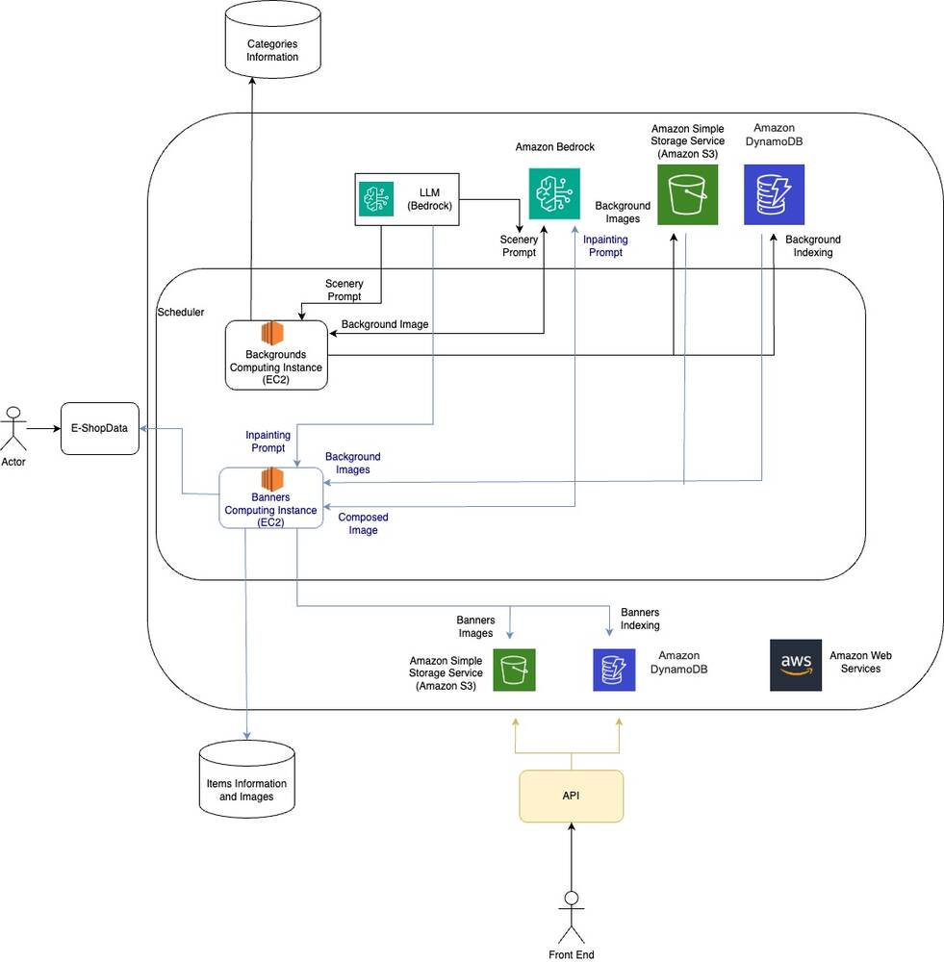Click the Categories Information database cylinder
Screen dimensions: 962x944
(273, 41)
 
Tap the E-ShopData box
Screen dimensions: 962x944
(100, 428)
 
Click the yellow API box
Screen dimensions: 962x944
(572, 797)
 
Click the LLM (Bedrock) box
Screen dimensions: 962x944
(409, 199)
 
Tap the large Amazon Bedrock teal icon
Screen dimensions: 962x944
(554, 193)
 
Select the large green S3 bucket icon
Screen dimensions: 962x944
(687, 194)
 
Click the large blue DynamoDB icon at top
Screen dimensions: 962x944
(774, 194)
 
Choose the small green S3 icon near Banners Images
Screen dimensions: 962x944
(514, 670)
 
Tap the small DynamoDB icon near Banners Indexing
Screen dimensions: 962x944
(614, 670)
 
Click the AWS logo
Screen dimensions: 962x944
(796, 665)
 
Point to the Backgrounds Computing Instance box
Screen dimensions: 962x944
(276, 355)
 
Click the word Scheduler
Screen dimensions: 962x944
(180, 313)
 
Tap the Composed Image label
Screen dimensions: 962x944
(363, 523)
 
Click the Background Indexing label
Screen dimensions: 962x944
(812, 245)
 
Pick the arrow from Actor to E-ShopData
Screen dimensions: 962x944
(43, 428)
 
